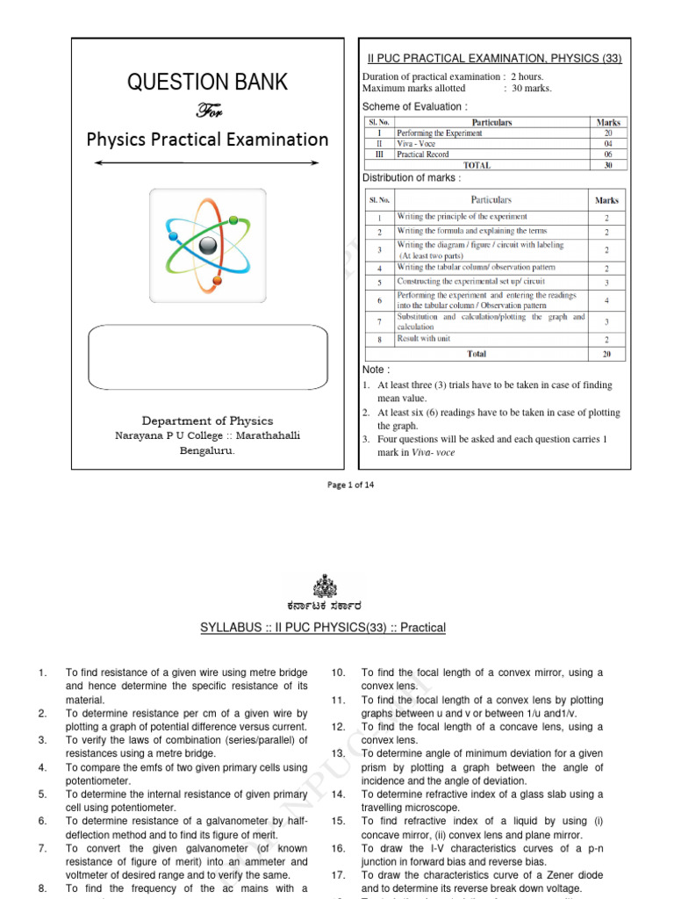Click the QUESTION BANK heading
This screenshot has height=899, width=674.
[207, 83]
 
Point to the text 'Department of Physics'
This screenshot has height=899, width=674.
[207, 421]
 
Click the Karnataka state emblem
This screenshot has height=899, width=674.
[323, 586]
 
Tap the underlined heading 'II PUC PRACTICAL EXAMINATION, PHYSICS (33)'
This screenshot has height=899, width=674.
[493, 59]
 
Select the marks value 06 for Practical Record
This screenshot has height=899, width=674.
[608, 154]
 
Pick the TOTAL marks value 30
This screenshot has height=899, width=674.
[608, 164]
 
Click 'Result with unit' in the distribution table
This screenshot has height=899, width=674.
[431, 338]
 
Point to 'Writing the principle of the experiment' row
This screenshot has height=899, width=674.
[462, 217]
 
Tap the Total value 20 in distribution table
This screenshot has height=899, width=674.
[606, 353]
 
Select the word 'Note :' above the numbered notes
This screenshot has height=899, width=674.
[376, 370]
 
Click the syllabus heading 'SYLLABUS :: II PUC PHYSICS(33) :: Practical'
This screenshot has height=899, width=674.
[323, 628]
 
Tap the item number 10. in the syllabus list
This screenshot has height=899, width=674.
[338, 672]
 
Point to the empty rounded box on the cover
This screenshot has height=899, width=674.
[207, 357]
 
